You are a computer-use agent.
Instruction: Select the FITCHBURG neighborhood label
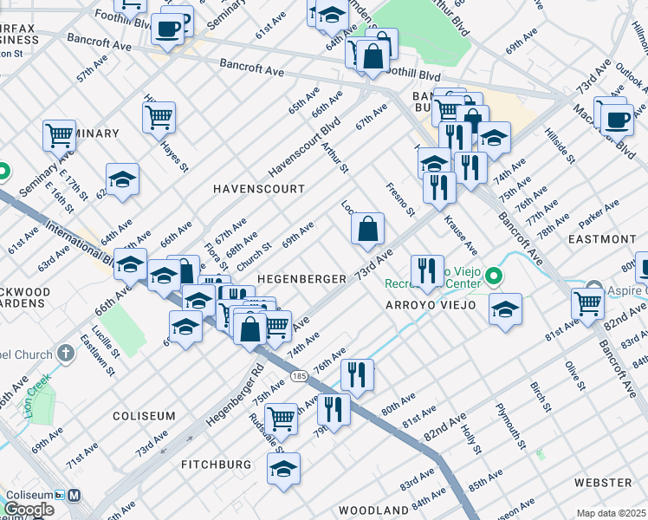click(216, 465)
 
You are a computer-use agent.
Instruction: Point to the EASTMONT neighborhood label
click(602, 238)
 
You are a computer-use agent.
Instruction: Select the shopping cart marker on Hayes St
click(159, 115)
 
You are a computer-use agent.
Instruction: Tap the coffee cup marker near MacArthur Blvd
click(617, 119)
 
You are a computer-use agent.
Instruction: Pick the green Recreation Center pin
click(494, 278)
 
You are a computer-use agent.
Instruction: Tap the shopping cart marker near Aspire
click(587, 303)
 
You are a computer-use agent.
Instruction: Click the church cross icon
click(67, 354)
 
